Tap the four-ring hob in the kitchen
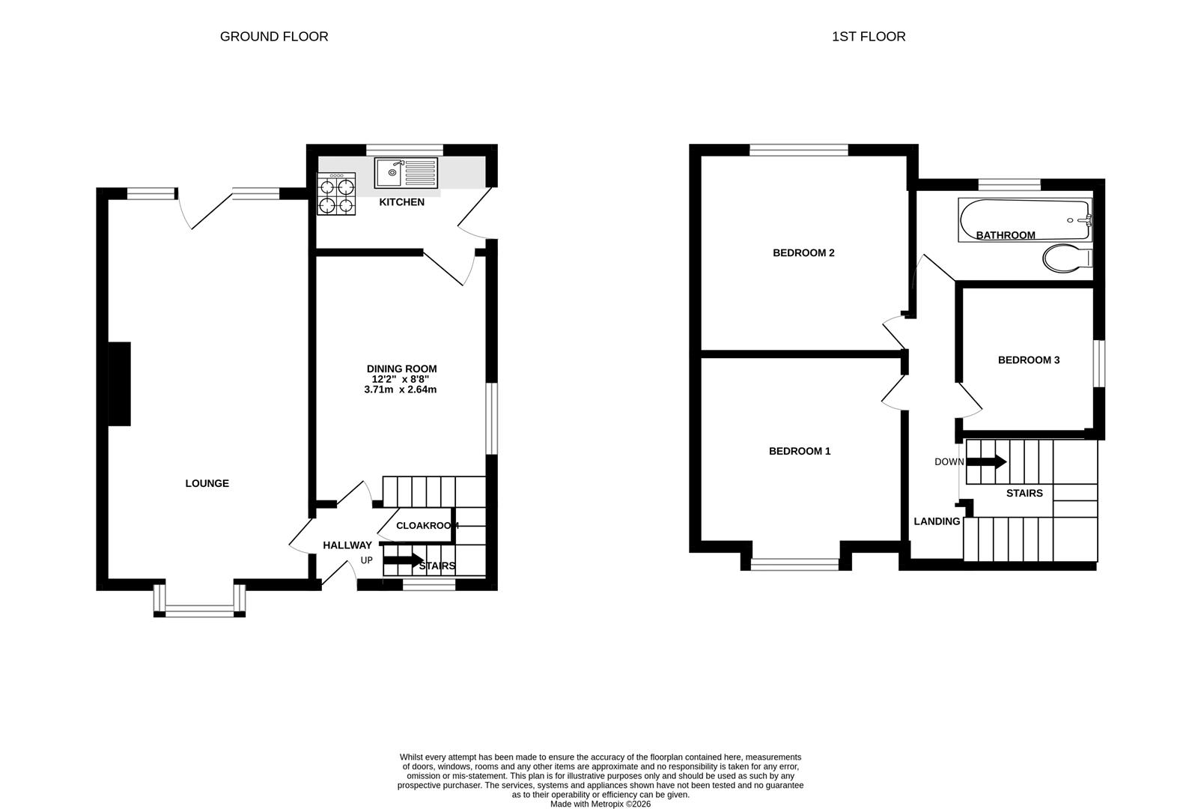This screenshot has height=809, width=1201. (x=336, y=195)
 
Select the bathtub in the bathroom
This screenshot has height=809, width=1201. (x=1024, y=219)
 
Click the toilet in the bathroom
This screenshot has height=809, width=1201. (x=1067, y=258)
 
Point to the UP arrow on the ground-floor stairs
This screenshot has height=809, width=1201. (x=403, y=560)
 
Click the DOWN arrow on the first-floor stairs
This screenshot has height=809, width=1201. (x=986, y=461)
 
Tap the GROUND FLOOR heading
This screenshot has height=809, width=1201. (x=274, y=36)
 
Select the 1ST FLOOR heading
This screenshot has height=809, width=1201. (x=869, y=36)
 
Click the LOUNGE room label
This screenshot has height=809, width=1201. (x=207, y=483)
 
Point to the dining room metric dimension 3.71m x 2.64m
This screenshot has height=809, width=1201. (x=401, y=390)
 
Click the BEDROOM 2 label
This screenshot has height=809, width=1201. (x=803, y=252)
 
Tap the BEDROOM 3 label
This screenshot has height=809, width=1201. (x=1029, y=360)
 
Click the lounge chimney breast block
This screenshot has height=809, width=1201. (x=120, y=384)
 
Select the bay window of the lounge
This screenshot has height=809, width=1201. (x=199, y=610)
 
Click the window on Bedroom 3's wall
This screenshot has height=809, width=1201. (x=1099, y=364)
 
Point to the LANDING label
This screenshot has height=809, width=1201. (x=937, y=521)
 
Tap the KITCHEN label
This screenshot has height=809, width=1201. (x=401, y=202)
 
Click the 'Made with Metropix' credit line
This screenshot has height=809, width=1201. (x=600, y=804)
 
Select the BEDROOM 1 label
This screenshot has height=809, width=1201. (x=800, y=451)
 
